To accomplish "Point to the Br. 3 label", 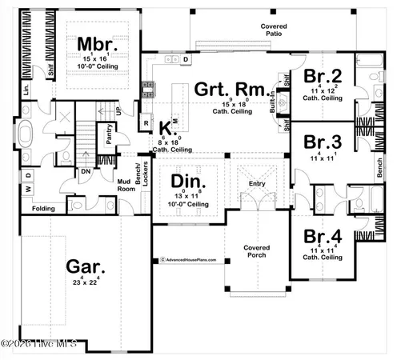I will pos(323,142).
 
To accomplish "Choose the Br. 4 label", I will pos(323,237).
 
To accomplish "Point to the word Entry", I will pos(257,183).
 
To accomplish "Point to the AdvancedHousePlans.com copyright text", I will pos(192,259).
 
